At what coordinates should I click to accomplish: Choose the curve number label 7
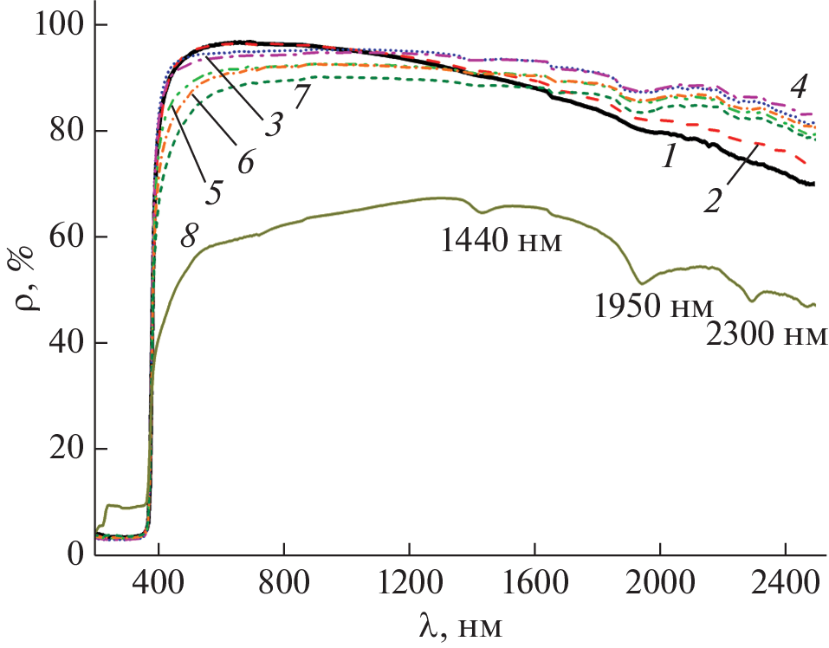tap(301, 95)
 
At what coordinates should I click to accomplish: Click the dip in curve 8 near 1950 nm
tap(641, 282)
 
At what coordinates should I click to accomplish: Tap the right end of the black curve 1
tap(813, 184)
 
